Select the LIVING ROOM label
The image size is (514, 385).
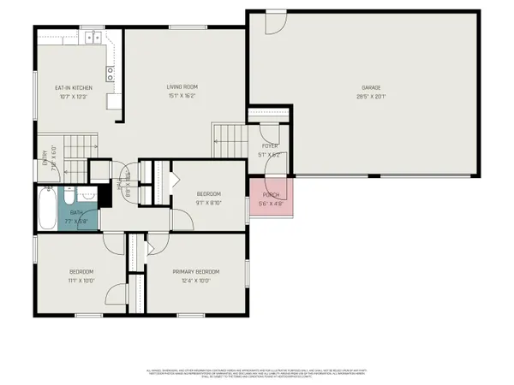point(182,87)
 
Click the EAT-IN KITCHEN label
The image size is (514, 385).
point(74,87)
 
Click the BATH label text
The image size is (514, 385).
point(76,212)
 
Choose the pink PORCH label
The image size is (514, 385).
point(270,194)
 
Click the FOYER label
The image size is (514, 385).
point(269,145)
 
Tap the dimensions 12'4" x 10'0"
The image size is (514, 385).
point(195,280)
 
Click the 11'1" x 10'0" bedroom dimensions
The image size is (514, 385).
point(81,280)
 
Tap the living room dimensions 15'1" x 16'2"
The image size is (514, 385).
point(182,97)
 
